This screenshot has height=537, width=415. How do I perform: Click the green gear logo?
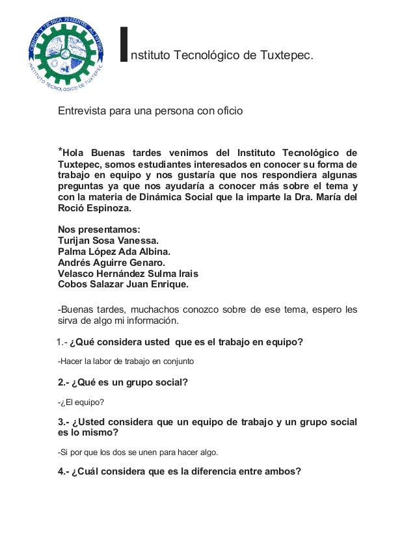click(x=65, y=50)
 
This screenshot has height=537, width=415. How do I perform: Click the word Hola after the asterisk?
click(x=75, y=153)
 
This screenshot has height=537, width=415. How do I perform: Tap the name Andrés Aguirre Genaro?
click(x=111, y=263)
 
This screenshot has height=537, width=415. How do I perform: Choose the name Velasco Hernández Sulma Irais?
click(x=128, y=274)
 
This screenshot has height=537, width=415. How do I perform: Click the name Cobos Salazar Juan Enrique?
click(x=124, y=285)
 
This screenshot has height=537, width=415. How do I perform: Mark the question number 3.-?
click(x=64, y=422)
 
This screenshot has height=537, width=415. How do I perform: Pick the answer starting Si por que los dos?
click(x=138, y=452)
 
